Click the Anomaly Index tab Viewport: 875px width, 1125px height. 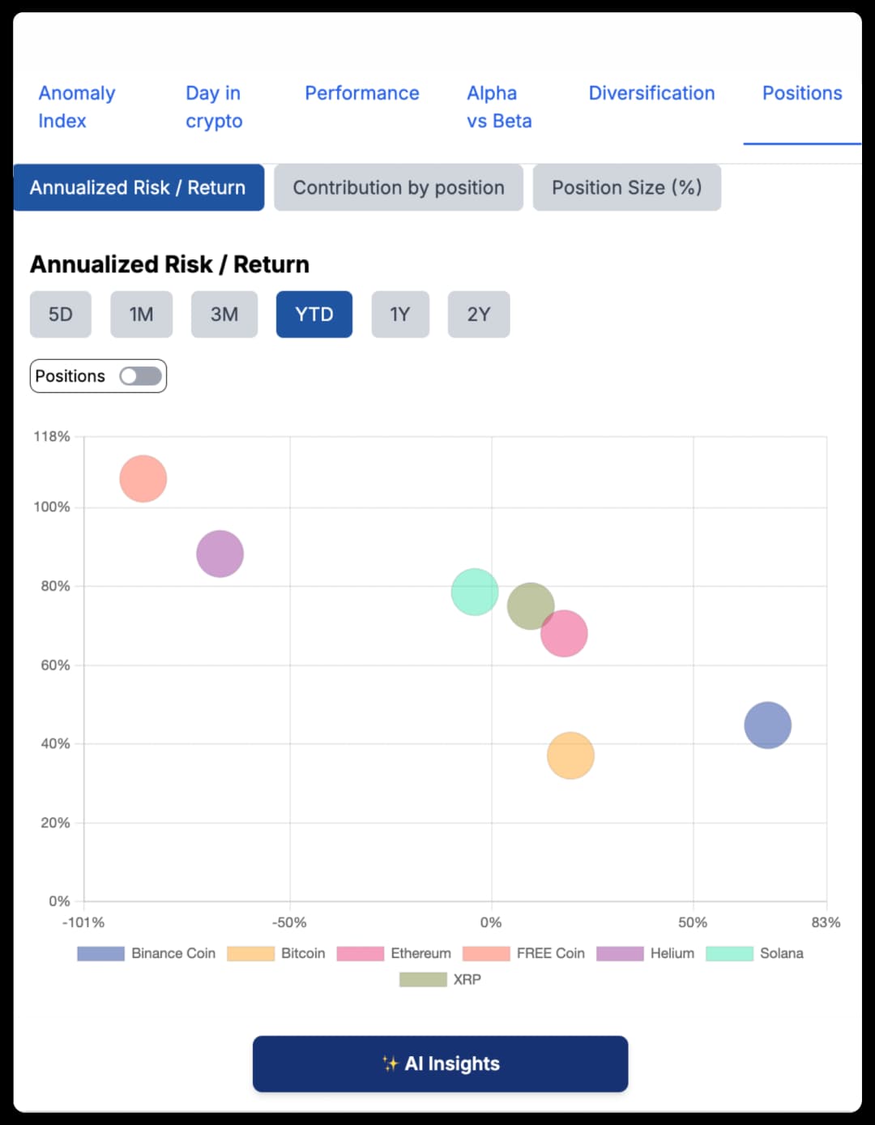click(76, 107)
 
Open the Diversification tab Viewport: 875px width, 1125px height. click(651, 93)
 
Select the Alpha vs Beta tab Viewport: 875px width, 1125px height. click(498, 107)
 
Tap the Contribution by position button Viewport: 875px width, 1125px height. click(398, 188)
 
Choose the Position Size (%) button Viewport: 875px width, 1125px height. click(626, 188)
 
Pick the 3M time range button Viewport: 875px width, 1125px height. click(224, 314)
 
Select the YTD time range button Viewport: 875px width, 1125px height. click(314, 314)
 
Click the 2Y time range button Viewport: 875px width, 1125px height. click(478, 314)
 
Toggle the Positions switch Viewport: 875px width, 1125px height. click(140, 376)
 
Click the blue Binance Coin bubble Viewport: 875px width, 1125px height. click(767, 725)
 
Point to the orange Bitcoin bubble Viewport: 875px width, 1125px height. click(570, 755)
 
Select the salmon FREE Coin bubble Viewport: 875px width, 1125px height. click(143, 479)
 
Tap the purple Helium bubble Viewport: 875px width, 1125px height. click(220, 554)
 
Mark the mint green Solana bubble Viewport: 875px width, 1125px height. click(474, 592)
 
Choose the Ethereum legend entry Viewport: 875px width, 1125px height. click(395, 953)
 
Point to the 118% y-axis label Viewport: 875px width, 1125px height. click(52, 437)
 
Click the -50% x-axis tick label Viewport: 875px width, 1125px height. click(289, 922)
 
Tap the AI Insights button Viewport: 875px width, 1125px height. click(440, 1063)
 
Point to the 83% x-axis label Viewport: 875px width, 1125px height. click(825, 922)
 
